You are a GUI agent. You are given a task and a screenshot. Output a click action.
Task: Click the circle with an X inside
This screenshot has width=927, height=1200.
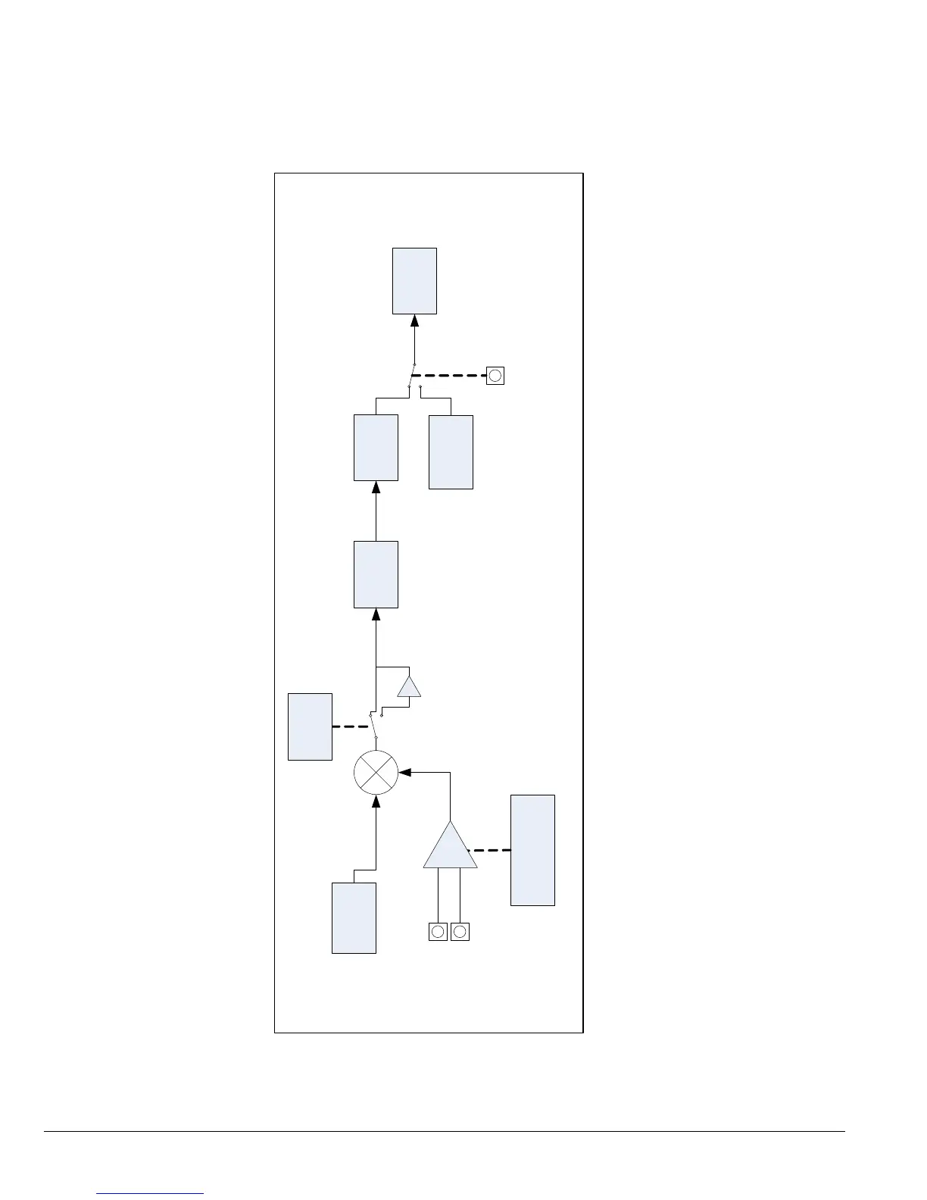376,773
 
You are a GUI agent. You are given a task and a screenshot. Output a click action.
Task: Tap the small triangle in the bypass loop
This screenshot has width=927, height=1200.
409,686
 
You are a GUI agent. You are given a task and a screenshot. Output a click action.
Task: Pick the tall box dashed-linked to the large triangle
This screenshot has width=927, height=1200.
532,850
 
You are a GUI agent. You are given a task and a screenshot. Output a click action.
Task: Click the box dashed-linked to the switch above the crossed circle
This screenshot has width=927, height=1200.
310,727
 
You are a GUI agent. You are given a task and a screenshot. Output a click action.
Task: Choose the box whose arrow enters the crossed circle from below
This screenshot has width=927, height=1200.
354,917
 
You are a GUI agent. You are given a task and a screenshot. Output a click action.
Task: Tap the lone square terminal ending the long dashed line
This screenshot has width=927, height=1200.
495,376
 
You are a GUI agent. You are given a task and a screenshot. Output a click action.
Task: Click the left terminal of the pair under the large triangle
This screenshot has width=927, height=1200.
438,932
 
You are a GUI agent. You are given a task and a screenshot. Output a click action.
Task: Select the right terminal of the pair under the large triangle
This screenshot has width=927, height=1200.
460,932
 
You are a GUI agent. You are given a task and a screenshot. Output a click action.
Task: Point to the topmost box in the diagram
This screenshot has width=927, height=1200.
414,280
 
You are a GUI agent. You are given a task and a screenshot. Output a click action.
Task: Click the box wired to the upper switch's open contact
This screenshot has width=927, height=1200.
451,452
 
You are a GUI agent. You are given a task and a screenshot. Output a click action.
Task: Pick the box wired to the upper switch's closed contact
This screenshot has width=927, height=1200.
376,447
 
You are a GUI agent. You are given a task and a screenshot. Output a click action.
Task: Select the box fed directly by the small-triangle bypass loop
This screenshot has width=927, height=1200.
376,574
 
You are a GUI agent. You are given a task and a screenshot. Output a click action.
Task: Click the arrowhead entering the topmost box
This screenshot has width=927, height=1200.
414,321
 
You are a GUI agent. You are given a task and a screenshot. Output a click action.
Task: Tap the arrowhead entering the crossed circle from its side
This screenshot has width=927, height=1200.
404,773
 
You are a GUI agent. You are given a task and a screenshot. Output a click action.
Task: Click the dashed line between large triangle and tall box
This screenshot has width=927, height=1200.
492,850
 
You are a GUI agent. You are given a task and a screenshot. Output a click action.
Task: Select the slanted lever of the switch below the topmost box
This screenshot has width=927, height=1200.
412,375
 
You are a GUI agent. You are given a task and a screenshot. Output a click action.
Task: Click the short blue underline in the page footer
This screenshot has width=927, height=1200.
150,1194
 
